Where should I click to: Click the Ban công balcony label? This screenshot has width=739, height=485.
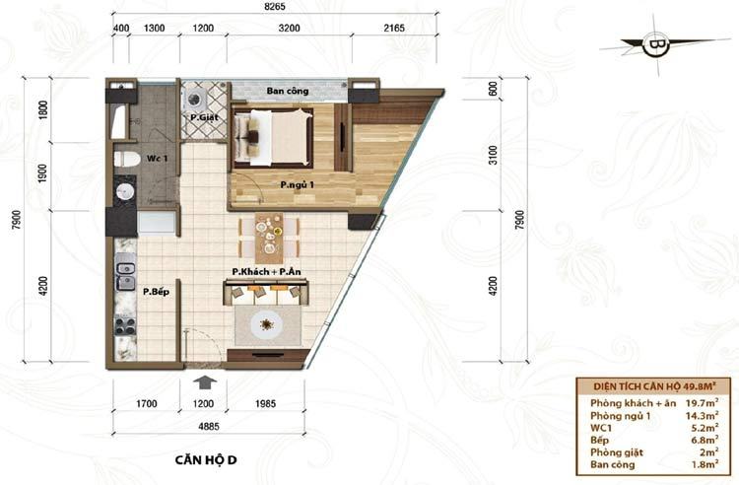[x=288, y=91]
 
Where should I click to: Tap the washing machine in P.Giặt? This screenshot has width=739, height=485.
[x=194, y=100]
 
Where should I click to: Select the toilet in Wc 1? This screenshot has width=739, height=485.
[x=127, y=160]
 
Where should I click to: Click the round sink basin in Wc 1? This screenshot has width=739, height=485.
[x=125, y=192]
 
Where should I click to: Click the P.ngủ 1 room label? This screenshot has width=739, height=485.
[x=297, y=184]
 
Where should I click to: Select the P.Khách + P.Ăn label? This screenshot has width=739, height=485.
[x=266, y=271]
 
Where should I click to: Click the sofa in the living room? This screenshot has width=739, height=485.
[x=266, y=292]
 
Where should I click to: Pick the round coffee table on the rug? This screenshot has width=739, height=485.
[x=267, y=324]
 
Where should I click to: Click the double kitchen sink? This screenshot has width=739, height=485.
[x=125, y=276]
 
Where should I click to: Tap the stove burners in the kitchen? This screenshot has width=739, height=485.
[x=125, y=326]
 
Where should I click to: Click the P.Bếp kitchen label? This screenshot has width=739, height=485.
[x=156, y=292]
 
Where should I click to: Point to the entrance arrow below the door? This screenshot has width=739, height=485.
[x=204, y=381]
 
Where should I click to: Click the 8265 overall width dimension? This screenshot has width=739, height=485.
[x=275, y=7]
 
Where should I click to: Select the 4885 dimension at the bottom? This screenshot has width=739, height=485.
[x=208, y=426]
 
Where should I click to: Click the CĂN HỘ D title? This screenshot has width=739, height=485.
[x=206, y=459]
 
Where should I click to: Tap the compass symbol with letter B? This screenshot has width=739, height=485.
[x=655, y=45]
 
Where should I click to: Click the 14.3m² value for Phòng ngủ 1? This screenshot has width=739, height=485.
[x=702, y=416]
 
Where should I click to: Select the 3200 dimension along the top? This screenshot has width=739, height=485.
[x=289, y=28]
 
